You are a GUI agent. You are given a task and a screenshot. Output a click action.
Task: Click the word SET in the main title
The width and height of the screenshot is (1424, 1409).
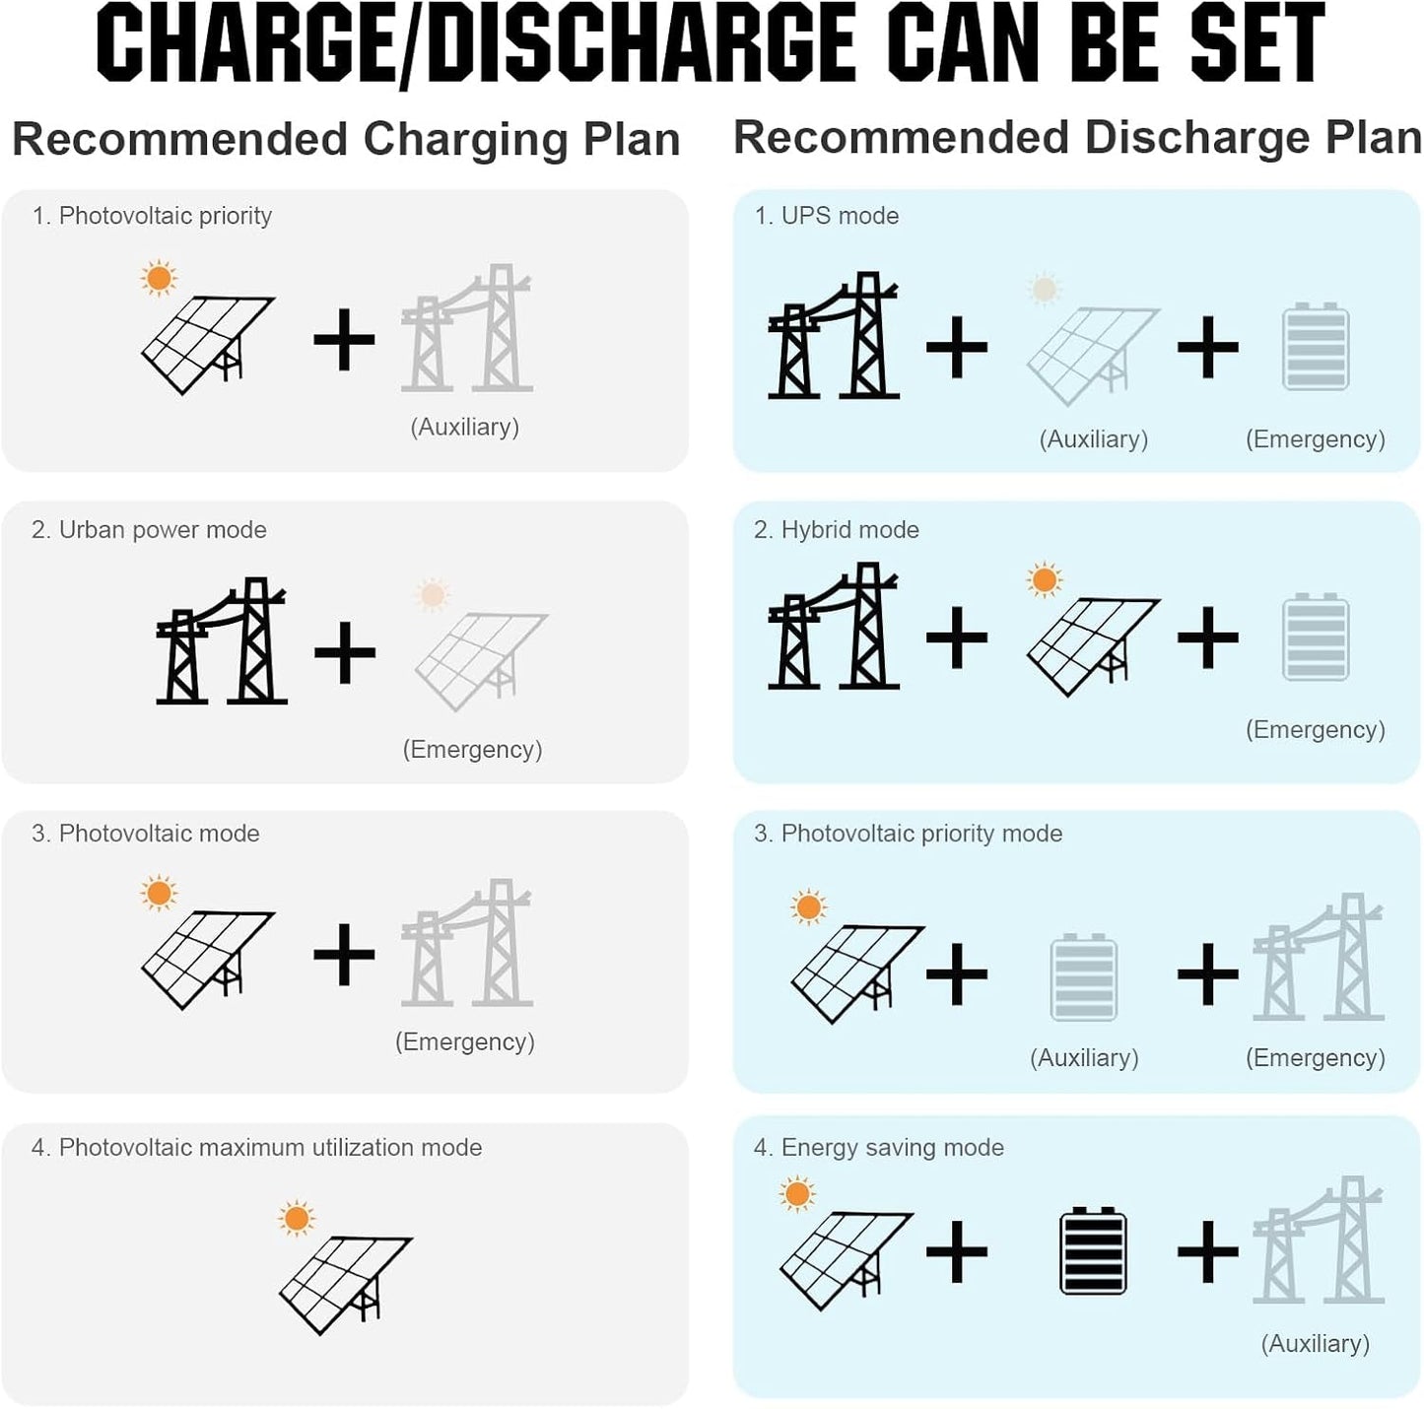coord(1252,42)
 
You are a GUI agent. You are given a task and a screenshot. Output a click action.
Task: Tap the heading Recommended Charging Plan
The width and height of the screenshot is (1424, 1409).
coord(346,140)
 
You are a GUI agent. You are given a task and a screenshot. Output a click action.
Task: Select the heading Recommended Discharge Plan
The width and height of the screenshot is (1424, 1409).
coord(1077,138)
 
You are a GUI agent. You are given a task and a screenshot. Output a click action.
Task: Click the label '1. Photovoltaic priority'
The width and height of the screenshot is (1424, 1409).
coord(152,216)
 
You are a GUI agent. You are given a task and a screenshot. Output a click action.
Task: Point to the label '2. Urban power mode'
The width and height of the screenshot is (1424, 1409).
coord(149,530)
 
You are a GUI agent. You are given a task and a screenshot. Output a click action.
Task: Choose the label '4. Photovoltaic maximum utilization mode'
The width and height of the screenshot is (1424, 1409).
coord(256,1148)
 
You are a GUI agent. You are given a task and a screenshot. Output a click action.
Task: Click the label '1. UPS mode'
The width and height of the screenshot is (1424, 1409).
coord(826,216)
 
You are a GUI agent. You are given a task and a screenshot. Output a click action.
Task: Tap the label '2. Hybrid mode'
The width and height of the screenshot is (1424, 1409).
coord(837,530)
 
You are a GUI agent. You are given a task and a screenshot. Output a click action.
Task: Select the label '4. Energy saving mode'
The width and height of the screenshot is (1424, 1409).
coord(879,1148)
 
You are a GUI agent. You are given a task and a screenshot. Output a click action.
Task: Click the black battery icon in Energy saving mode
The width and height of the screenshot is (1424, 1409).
coord(1093,1251)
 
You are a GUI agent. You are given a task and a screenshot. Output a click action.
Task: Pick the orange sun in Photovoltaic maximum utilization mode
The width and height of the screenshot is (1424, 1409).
coord(297,1219)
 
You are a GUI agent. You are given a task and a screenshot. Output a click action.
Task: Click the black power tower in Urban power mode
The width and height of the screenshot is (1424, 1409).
coord(221,640)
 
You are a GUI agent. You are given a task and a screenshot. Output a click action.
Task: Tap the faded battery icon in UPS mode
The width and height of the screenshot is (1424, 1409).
coord(1317,347)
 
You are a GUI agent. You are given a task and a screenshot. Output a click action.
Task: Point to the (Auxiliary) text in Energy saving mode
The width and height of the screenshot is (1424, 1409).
coord(1316,1343)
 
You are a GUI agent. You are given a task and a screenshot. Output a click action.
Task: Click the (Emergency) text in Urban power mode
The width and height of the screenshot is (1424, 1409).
coord(472,749)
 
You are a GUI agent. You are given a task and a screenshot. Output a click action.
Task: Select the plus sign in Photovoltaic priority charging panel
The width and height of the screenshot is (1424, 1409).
coord(344,340)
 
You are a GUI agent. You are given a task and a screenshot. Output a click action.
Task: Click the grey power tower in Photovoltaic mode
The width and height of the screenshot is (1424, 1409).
coord(467,943)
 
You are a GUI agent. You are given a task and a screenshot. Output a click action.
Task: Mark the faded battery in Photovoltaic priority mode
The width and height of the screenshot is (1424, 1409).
coord(1083,977)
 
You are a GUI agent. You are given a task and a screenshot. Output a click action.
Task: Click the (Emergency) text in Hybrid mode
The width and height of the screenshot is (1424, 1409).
coord(1316,729)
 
